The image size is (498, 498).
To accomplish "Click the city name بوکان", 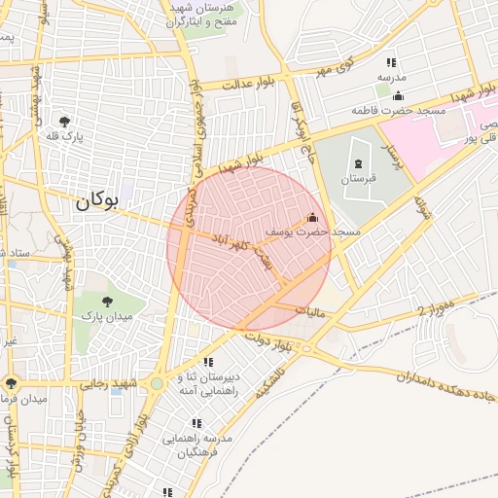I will pos(95,201).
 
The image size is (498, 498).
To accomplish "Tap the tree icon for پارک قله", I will pos(64,122).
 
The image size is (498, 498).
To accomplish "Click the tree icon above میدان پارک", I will pos(106,301).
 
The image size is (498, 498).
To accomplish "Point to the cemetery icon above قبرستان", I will pos(359,162).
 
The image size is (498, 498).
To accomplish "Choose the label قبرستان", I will pos(358,179).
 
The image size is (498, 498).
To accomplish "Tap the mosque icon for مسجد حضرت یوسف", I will pos(312,218).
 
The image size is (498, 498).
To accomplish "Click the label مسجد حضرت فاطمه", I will pos(399,111).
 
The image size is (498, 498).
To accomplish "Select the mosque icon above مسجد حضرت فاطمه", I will pos(398,95).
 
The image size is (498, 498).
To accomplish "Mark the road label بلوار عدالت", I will pos(252,84).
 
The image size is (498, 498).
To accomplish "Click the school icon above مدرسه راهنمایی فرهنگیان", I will pos(196,423).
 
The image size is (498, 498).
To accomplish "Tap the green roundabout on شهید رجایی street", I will pos(156,383).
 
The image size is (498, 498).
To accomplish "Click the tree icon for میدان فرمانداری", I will pos(11,383).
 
